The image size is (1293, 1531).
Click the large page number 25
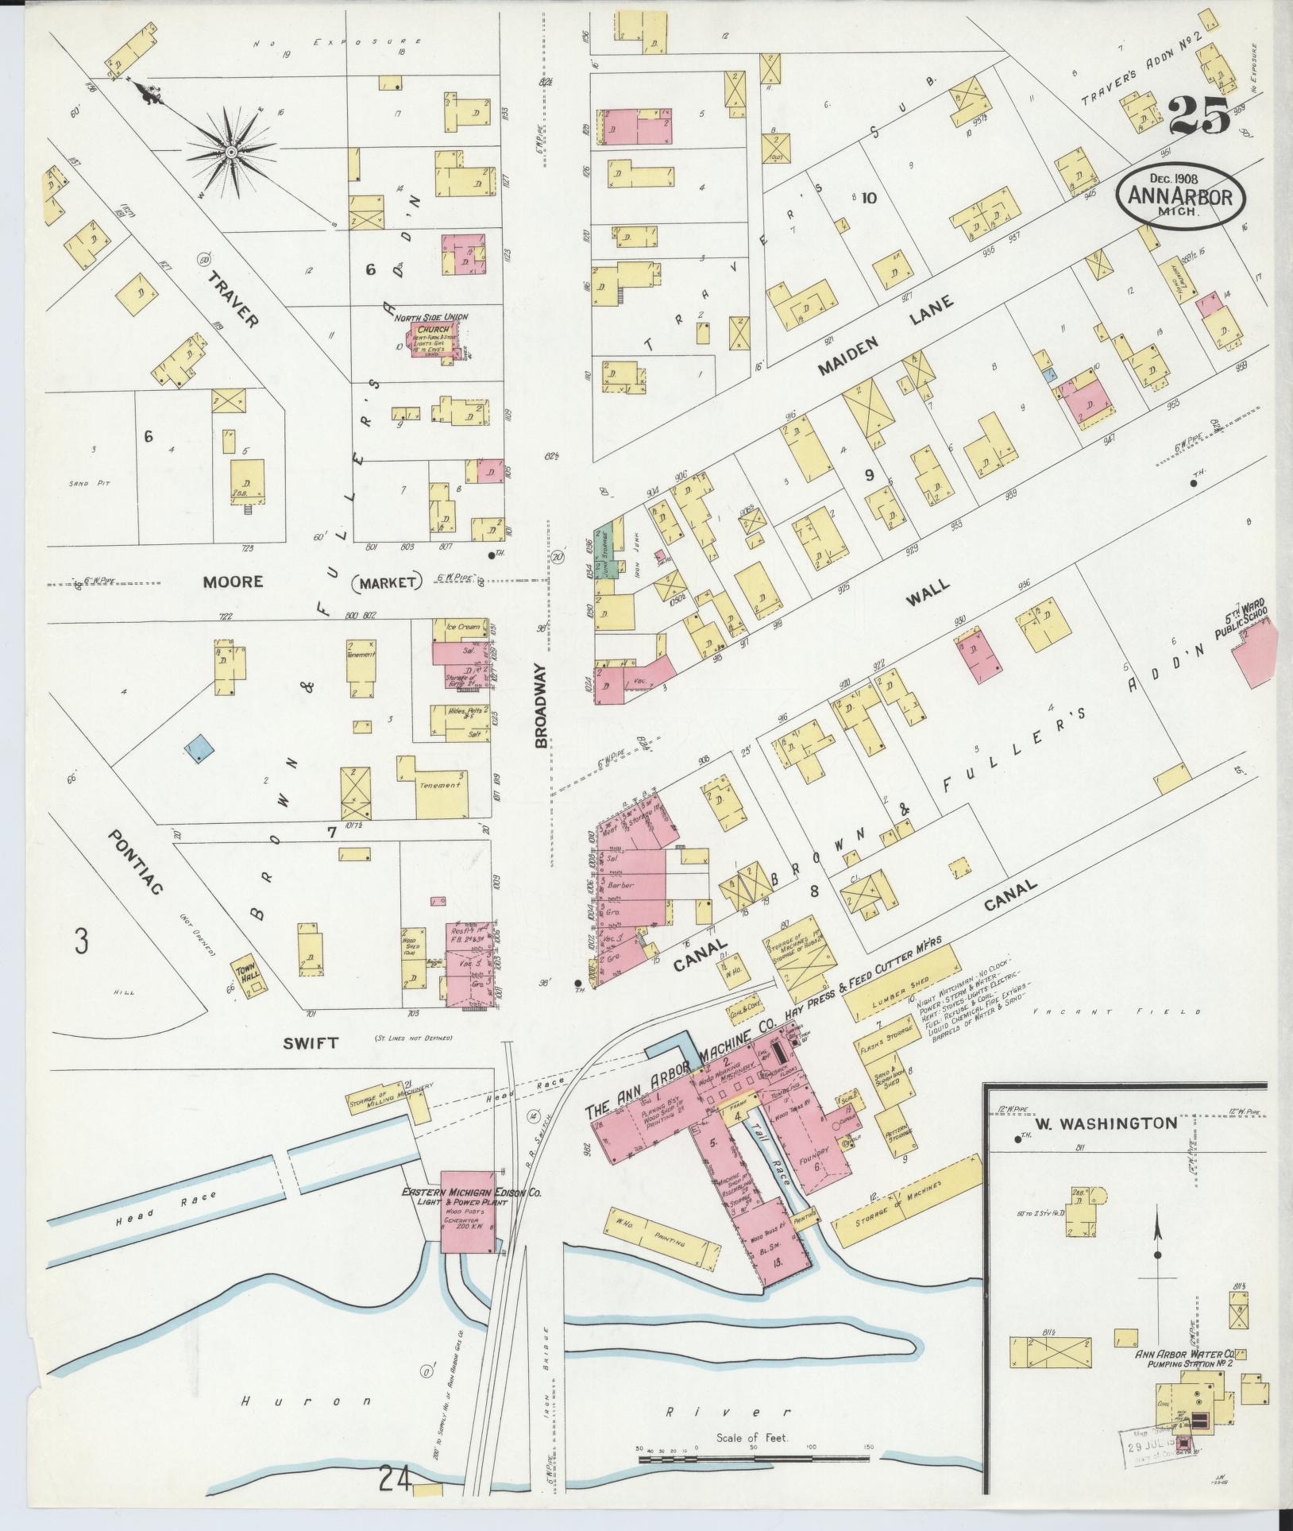click(x=1199, y=116)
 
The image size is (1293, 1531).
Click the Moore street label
click(x=232, y=582)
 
